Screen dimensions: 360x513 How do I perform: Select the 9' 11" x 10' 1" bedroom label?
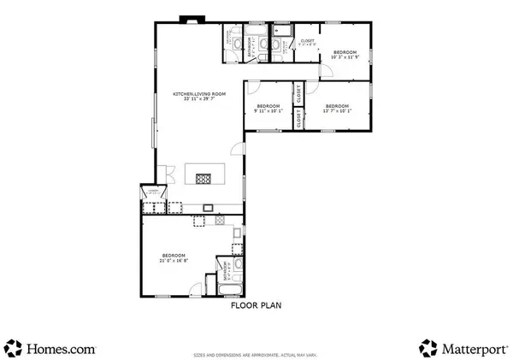[x=268, y=108]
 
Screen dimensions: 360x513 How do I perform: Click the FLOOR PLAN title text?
[x=255, y=304]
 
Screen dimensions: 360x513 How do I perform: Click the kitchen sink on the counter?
[x=207, y=208]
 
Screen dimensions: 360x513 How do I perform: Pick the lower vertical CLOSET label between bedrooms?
[x=298, y=121]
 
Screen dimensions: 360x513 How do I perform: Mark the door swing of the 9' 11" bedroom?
[x=253, y=87]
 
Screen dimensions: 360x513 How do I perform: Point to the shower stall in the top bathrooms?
[x=286, y=33]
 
